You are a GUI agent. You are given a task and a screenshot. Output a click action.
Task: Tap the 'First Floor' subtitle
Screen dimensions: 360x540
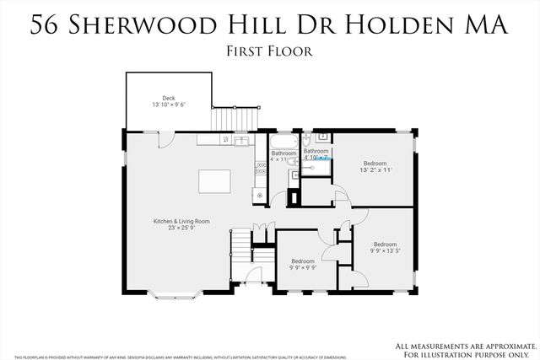(270, 51)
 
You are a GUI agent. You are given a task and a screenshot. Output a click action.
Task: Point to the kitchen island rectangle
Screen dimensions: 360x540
(216, 181)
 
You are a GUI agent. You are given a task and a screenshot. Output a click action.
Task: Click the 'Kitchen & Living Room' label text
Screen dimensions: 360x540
(181, 221)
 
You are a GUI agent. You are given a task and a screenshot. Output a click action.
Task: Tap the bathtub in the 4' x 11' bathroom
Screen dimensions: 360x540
(283, 141)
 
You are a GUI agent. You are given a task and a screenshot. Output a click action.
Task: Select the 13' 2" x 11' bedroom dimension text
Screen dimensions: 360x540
(375, 170)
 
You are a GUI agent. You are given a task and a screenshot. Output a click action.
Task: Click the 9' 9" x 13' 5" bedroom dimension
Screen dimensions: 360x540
(386, 250)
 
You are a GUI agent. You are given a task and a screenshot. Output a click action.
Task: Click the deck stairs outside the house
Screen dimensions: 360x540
(224, 118)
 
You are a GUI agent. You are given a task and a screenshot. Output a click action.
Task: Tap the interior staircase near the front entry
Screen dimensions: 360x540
(243, 245)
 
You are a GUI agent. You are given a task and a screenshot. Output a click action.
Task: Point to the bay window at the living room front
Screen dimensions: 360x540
(175, 294)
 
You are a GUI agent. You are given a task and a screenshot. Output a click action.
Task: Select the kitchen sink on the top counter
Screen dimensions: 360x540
(241, 140)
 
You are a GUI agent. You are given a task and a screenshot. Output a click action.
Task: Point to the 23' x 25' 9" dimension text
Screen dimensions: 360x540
(181, 228)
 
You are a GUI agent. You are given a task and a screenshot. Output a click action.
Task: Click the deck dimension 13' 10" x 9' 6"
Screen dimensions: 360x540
(168, 105)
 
